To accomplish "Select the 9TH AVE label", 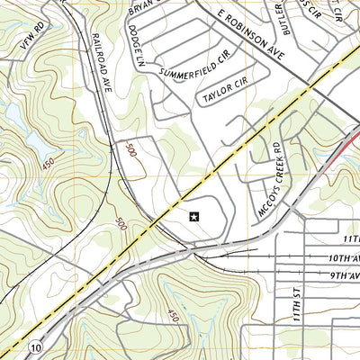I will [x=344, y=275].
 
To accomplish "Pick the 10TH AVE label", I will [x=343, y=258].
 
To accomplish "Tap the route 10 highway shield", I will [x=34, y=346].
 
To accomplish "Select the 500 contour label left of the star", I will [x=121, y=220].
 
